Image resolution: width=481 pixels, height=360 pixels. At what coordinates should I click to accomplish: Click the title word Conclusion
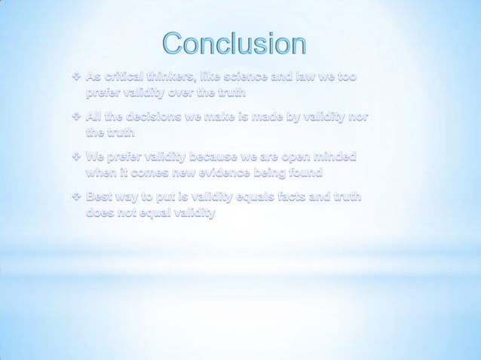pos(234,44)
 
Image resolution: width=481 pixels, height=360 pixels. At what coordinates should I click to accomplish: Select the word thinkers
pos(187,78)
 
